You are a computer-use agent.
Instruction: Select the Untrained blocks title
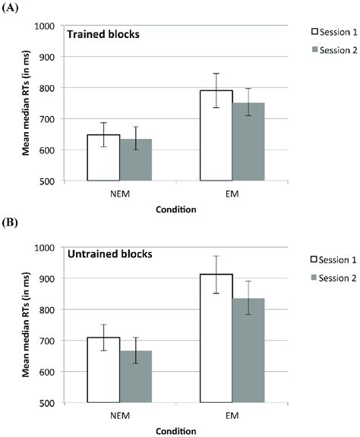pos(109,255)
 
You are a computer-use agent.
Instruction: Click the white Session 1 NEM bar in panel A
pos(103,158)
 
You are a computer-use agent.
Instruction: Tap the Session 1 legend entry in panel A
pos(320,32)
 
